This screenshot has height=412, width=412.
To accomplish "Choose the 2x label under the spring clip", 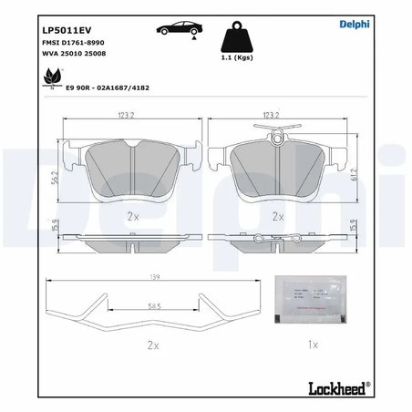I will pyautogui.click(x=152, y=346).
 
